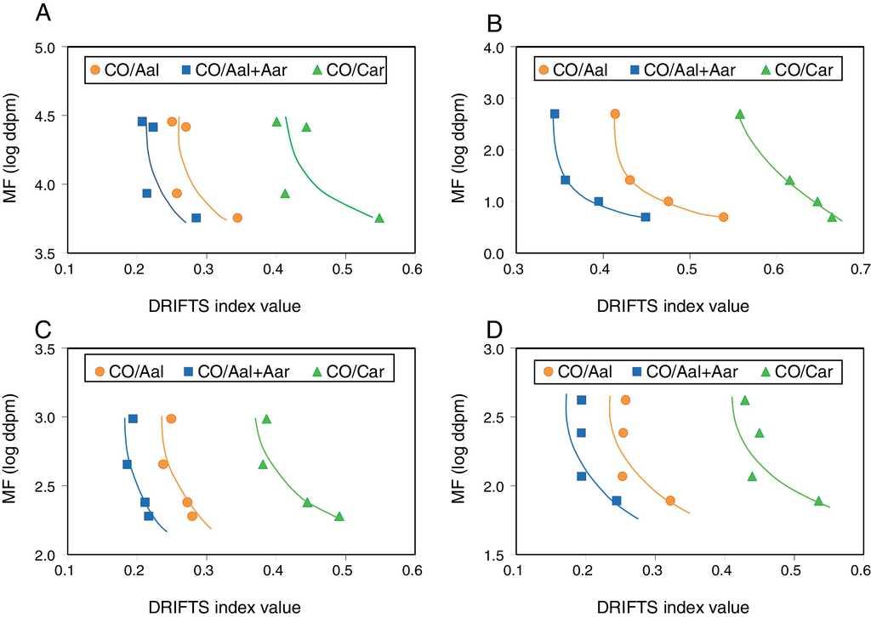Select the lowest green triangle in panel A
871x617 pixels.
pos(379,218)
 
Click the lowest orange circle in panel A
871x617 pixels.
pos(238,218)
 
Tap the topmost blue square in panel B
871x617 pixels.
pos(555,114)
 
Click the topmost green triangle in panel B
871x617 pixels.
pos(740,114)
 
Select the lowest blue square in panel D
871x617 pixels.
pos(617,501)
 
